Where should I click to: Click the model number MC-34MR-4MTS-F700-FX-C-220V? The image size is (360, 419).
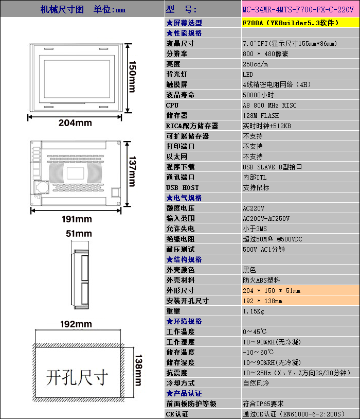point(298,9)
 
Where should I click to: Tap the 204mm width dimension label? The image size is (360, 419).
point(75,123)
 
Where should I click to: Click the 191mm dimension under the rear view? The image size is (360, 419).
point(77,219)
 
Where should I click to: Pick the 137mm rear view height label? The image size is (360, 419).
point(132,173)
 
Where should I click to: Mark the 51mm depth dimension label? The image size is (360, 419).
point(79,234)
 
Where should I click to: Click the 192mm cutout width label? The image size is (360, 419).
point(76,324)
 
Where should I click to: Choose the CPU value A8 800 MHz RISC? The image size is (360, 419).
point(269,105)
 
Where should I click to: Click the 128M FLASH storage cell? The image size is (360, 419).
point(261,115)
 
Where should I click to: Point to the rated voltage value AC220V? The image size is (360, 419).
point(254,208)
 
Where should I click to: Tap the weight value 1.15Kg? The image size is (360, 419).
point(254,311)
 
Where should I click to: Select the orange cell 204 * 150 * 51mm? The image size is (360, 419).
point(272,290)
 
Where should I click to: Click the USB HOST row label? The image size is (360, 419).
point(183,187)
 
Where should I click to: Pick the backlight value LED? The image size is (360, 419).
point(248,74)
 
